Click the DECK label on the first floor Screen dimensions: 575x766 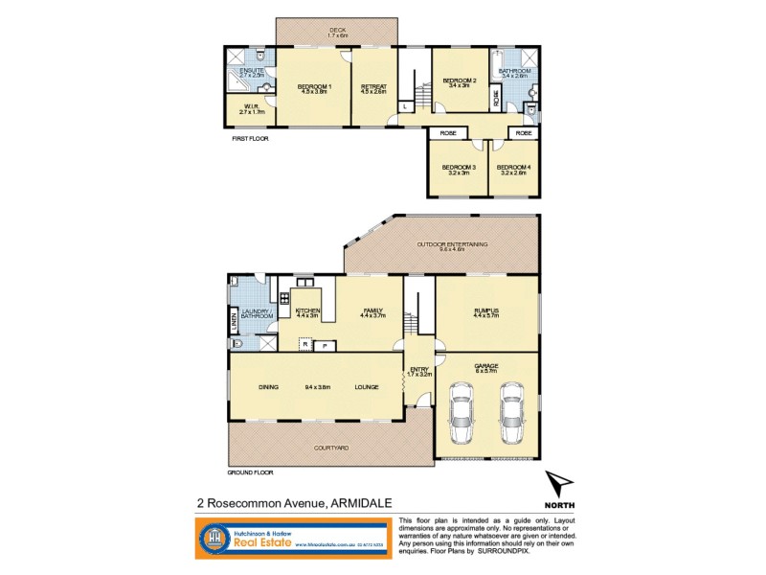[x=338, y=31]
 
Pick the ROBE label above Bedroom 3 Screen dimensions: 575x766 [x=447, y=133]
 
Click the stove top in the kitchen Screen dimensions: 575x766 [x=284, y=300]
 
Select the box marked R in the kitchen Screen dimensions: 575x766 [x=304, y=344]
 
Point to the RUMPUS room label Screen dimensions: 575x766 [x=487, y=310]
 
